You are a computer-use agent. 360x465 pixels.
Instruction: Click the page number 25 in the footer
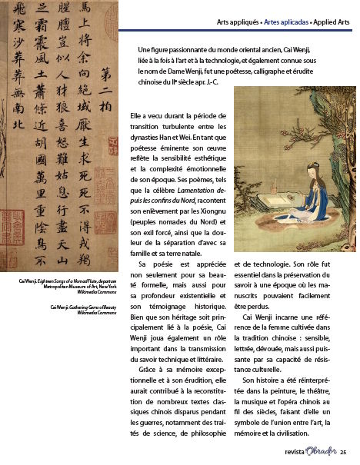pyautogui.click(x=344, y=451)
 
